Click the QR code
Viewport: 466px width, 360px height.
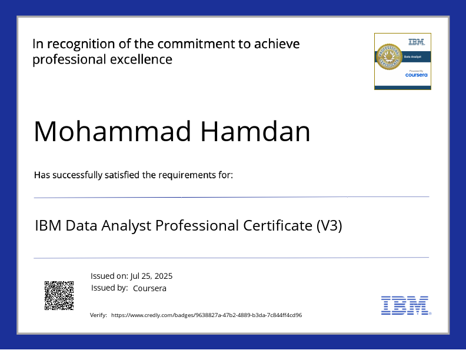59,295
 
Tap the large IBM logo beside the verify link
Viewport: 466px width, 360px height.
405,305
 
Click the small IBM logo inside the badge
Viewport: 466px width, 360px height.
416,42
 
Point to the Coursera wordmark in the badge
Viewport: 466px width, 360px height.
416,75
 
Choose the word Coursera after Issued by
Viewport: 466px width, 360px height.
149,288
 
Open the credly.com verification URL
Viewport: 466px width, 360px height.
207,315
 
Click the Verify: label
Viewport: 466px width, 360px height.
98,315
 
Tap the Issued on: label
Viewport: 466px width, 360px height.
109,276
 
